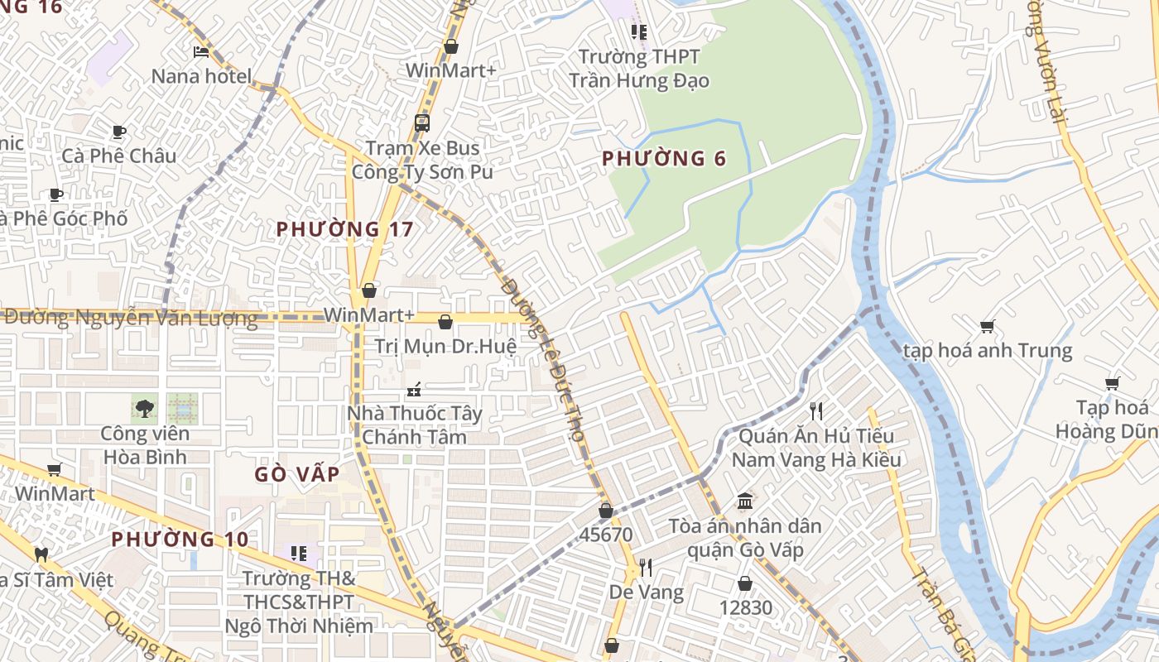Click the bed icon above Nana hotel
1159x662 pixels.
[201, 52]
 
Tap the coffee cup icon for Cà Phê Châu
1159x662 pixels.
[119, 132]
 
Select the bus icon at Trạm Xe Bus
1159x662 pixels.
[422, 123]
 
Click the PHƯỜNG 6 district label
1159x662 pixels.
[664, 158]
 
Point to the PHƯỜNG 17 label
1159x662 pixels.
[344, 229]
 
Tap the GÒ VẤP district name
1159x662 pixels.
[296, 474]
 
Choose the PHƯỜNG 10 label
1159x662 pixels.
[180, 540]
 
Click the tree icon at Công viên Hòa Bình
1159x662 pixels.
[145, 408]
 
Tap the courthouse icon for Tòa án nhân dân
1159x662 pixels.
[745, 501]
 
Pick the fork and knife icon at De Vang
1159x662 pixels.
[646, 568]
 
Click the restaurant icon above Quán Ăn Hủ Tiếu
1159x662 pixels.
[816, 410]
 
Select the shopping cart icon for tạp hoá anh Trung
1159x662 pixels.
[987, 326]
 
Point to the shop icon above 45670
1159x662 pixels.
[606, 511]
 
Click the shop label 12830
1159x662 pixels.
[745, 608]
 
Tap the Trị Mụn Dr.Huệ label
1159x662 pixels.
[445, 346]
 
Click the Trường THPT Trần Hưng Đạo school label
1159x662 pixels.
[638, 69]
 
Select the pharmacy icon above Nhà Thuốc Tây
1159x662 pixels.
[414, 389]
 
